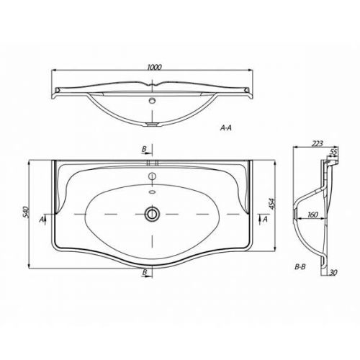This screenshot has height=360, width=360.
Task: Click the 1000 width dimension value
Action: point(154,67)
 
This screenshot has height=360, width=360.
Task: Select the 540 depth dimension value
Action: point(26,212)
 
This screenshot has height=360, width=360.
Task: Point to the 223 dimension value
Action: point(318,144)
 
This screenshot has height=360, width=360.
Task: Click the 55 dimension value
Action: point(333,152)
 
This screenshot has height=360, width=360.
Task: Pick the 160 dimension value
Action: point(312,215)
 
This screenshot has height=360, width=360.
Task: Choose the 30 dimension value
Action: point(333,272)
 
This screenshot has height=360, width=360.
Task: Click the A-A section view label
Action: point(226,128)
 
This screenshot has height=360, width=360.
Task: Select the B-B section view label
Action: point(300,266)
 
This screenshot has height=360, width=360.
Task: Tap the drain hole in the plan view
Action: point(152,213)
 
